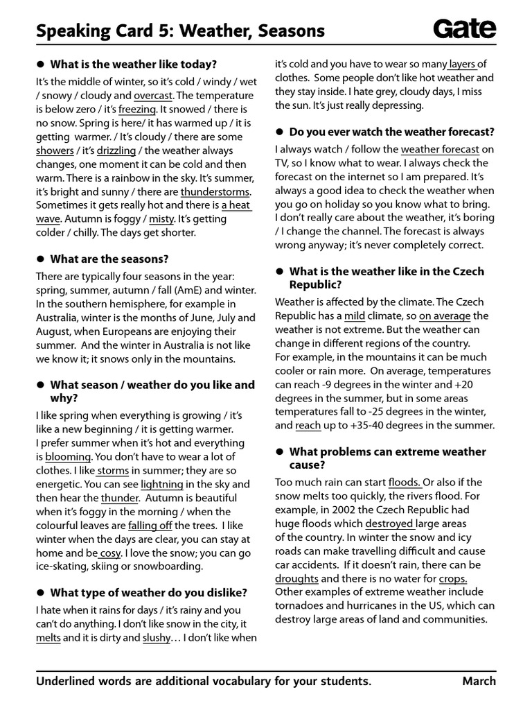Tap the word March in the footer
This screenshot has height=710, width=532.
pyautogui.click(x=479, y=681)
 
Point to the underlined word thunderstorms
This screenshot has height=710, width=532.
pyautogui.click(x=215, y=191)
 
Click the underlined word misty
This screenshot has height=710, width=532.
pyautogui.click(x=161, y=218)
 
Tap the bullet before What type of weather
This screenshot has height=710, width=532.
pyautogui.click(x=41, y=592)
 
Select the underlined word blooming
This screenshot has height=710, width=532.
pyautogui.click(x=68, y=456)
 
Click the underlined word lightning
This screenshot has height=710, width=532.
pyautogui.click(x=162, y=484)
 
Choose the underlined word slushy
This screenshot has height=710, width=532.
pyautogui.click(x=156, y=638)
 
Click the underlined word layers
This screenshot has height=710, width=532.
pyautogui.click(x=462, y=64)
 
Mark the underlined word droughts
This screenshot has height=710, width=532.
pyautogui.click(x=296, y=578)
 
